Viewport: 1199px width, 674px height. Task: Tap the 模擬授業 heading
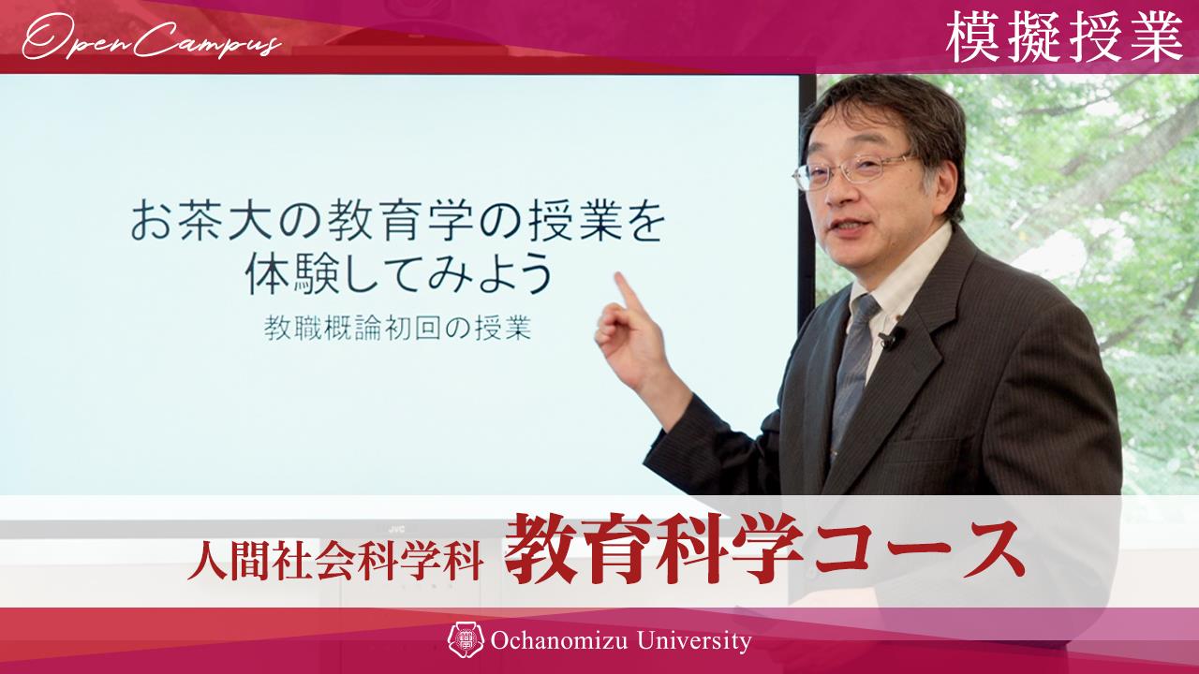coord(1063,37)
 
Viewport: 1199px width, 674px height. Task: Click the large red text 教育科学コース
coord(761,549)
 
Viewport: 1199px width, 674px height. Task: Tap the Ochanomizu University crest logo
coord(466,640)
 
